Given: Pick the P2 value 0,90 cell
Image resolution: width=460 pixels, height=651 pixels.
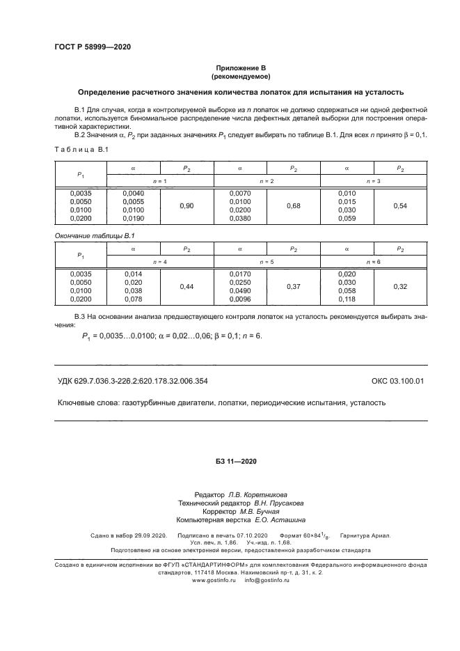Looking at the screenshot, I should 187,206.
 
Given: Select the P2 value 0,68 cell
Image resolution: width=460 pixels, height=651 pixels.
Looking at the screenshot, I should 294,206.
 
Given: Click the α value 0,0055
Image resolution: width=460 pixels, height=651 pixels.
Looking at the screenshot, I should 133,202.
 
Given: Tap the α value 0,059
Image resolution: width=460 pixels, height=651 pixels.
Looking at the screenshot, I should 347,219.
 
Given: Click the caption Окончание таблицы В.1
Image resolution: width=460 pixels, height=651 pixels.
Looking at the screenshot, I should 95,236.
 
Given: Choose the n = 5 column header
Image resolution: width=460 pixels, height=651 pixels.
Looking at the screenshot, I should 267,261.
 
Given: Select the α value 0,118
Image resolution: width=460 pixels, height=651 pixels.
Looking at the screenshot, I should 347,299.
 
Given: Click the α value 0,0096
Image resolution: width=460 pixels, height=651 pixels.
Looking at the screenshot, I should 240,299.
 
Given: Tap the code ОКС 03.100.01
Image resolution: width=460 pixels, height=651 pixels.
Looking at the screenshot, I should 397,381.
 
